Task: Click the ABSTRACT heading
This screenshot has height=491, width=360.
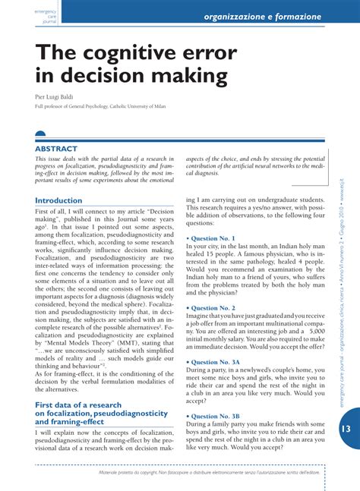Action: [x=56, y=149]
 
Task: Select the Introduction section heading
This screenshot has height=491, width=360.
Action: [x=58, y=200]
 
